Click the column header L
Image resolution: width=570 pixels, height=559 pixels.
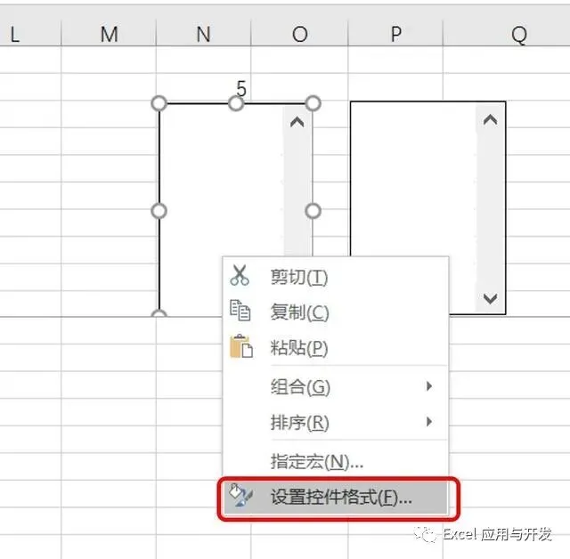pos(15,34)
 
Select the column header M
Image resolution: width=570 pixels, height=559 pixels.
pos(109,34)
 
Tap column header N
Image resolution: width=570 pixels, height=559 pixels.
pos(203,34)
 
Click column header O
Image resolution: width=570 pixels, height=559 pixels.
pos(299,34)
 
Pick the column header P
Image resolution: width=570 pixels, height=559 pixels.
pos(395,34)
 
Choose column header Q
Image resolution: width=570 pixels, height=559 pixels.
pos(518,34)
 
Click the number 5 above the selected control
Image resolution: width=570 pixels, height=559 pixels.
pos(241,88)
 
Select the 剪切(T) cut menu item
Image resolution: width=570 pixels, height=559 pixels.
pos(299,278)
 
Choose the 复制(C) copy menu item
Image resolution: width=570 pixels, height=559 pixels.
pos(299,312)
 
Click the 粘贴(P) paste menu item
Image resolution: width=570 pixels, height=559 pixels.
pos(299,347)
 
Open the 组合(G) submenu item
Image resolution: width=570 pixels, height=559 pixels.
pos(300,387)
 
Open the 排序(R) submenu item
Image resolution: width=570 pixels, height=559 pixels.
pos(299,423)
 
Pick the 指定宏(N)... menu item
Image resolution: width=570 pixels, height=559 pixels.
pos(316,461)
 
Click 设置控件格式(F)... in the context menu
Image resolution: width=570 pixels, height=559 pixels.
pos(340,498)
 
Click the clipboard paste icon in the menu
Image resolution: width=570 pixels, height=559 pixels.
pos(240,346)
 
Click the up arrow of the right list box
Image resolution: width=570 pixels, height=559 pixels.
pos(489,119)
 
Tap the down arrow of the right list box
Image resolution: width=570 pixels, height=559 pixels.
pos(489,299)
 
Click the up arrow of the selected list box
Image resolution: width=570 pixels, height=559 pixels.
pos(297,122)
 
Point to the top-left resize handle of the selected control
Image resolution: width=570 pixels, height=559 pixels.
pos(159,103)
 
